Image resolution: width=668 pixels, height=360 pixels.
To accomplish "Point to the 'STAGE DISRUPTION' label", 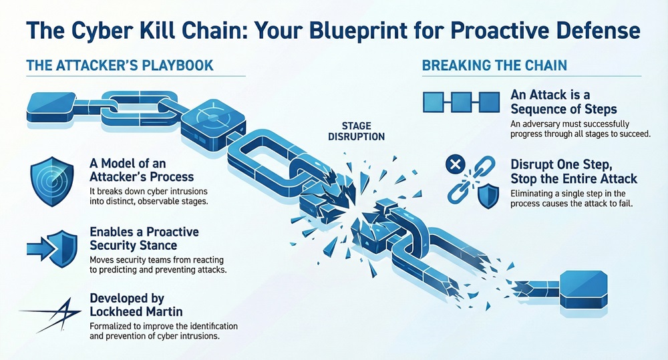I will coord(363,131).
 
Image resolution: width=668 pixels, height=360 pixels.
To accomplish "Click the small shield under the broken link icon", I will coord(490,196).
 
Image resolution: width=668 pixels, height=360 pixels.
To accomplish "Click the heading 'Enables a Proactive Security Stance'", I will coord(145,238).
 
